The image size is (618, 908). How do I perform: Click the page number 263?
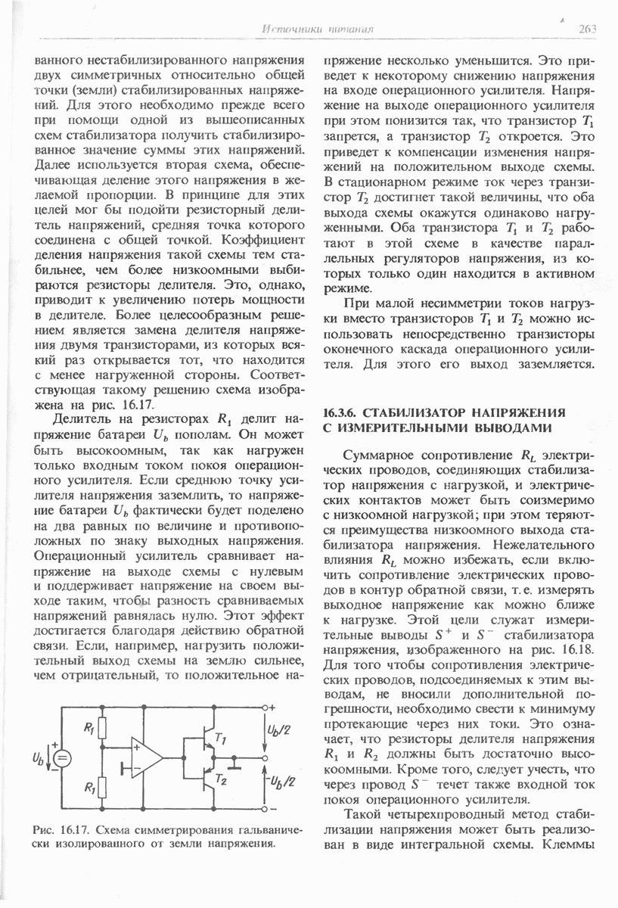point(587,30)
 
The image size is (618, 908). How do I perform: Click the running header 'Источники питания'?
point(318,30)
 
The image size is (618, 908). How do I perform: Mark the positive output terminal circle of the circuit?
point(264,707)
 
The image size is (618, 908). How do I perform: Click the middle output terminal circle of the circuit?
point(264,757)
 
